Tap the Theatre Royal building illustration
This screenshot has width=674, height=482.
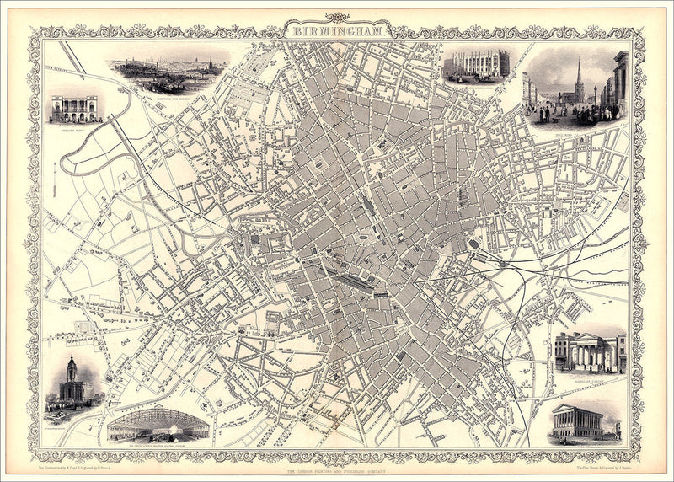73,107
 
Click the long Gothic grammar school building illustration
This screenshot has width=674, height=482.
478,65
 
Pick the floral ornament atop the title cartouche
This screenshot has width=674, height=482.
340,17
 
